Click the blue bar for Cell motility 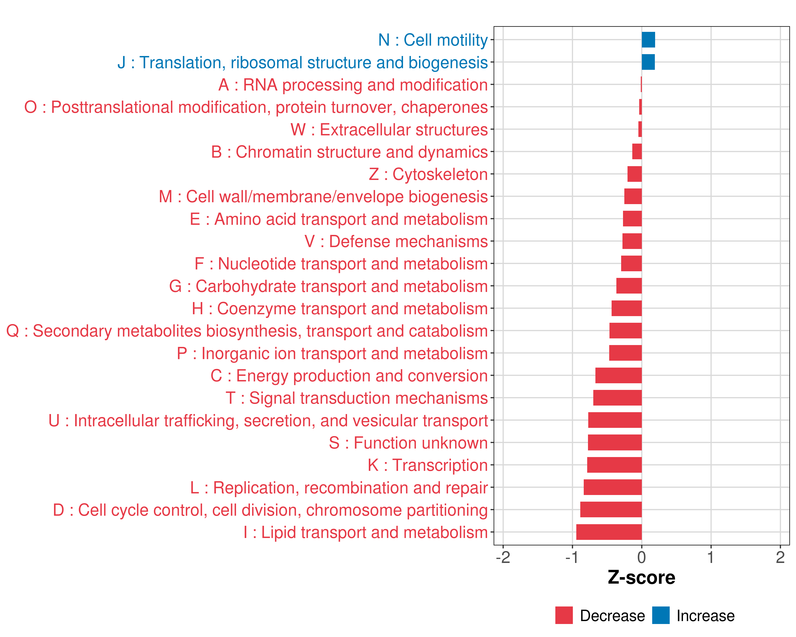click(648, 40)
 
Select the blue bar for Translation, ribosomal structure click(648, 62)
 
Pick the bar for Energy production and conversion click(618, 375)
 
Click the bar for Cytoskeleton click(634, 174)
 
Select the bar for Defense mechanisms click(632, 241)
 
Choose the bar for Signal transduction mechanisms click(617, 398)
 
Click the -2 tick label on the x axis click(503, 557)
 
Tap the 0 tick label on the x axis click(642, 557)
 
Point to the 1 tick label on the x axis click(711, 557)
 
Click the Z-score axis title click(641, 577)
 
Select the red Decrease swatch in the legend click(564, 615)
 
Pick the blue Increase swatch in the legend click(660, 615)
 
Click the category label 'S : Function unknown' click(408, 443)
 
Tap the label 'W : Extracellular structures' click(389, 130)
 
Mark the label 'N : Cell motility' click(433, 40)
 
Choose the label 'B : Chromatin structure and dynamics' click(349, 152)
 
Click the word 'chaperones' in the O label click(444, 107)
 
